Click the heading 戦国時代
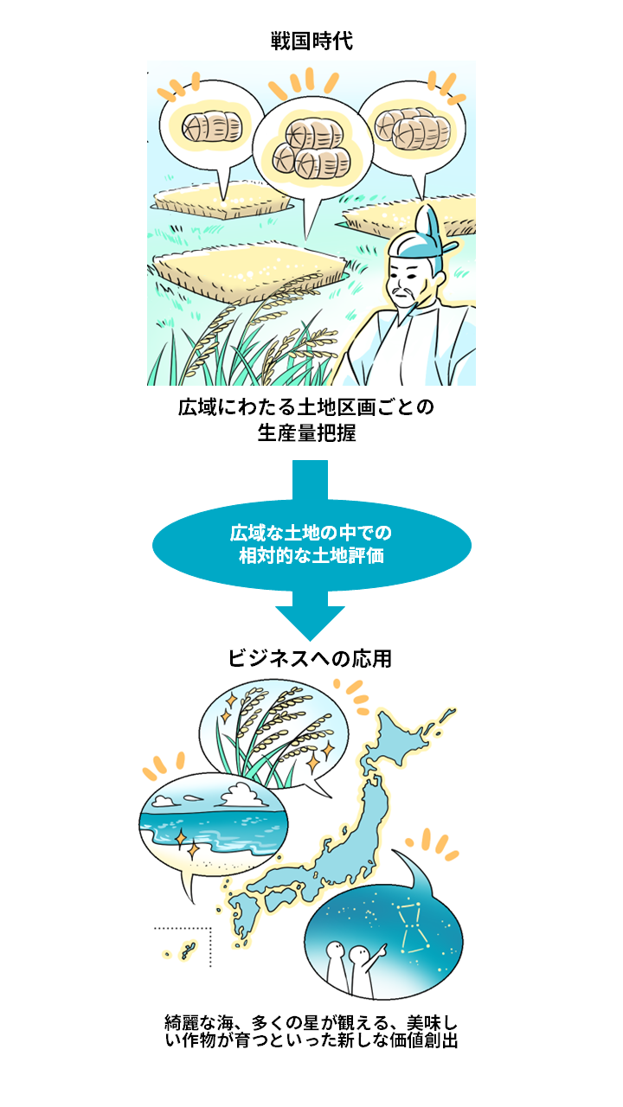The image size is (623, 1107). click(x=311, y=41)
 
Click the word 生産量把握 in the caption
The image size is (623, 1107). click(x=306, y=433)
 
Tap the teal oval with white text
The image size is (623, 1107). click(x=311, y=545)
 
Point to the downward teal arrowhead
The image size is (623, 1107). click(x=310, y=623)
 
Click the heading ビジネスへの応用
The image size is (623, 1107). click(x=310, y=659)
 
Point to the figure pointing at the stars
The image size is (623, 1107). click(x=364, y=969)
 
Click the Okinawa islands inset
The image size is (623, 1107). click(x=183, y=947)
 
